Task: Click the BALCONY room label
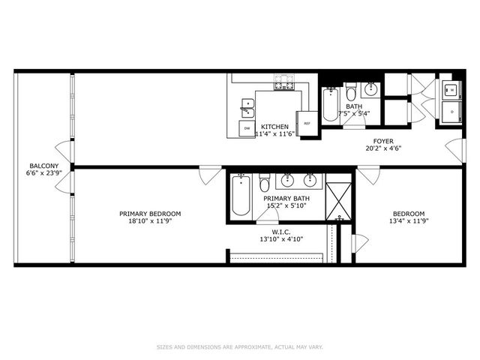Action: (43, 166)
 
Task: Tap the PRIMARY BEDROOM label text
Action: (150, 214)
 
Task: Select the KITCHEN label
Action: (274, 127)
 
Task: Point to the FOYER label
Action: (383, 141)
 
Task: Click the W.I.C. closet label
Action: (281, 232)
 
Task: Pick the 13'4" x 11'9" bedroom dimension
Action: (409, 221)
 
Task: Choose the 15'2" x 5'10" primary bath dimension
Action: (286, 205)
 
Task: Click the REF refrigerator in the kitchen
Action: (307, 123)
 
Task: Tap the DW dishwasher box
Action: (247, 128)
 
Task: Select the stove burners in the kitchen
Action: (284, 82)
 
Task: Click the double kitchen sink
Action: (247, 108)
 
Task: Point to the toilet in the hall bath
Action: (350, 91)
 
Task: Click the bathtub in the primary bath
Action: (241, 195)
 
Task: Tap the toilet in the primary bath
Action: (264, 183)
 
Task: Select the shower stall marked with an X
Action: (338, 201)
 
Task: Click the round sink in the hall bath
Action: (370, 89)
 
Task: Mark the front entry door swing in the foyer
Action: (454, 150)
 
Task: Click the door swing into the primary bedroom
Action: (210, 175)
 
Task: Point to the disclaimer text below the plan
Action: (240, 347)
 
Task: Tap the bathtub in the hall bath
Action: (331, 104)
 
